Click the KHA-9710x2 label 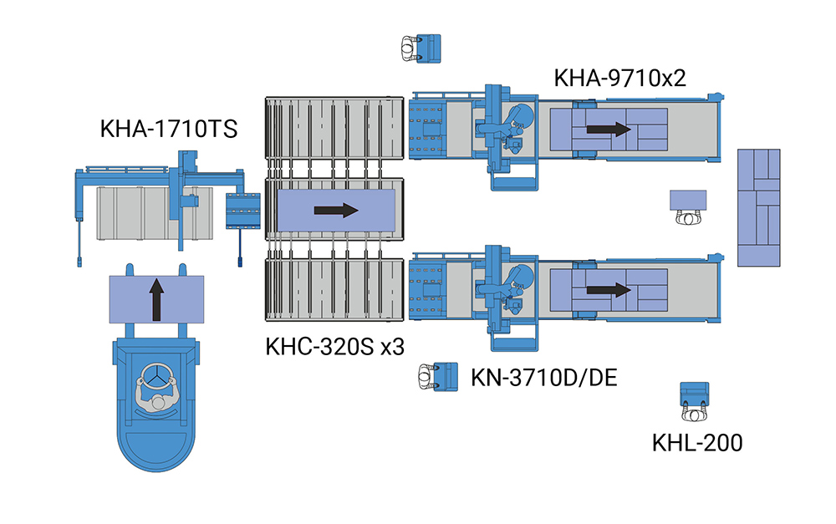coord(620,78)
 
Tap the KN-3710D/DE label coord(544,377)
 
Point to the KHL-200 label coord(696,443)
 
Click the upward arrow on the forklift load coord(156,299)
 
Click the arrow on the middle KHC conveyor coord(336,210)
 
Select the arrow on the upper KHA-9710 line coord(608,130)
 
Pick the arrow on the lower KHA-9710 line coord(608,290)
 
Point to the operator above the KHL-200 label coord(694,413)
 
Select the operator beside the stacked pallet coord(687,217)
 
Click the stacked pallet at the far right coord(759,207)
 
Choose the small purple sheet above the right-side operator coord(688,200)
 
